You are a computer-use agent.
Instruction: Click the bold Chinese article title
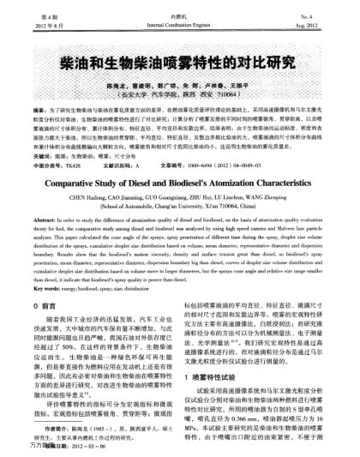click(179, 66)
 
